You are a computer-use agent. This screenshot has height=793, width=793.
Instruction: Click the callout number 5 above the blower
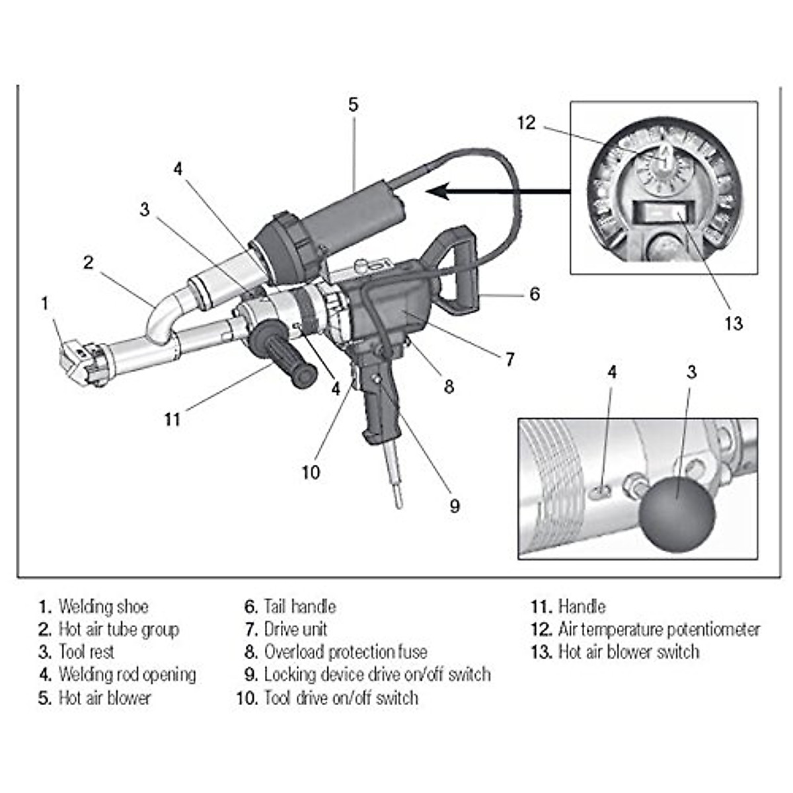pyautogui.click(x=354, y=104)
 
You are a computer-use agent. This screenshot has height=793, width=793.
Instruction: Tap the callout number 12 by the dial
pyautogui.click(x=526, y=123)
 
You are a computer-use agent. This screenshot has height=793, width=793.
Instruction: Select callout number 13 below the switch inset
pyautogui.click(x=734, y=323)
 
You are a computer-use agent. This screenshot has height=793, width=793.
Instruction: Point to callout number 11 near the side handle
pyautogui.click(x=172, y=419)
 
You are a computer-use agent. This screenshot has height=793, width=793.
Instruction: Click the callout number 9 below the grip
pyautogui.click(x=455, y=506)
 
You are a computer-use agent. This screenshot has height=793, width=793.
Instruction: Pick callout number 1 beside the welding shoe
pyautogui.click(x=45, y=303)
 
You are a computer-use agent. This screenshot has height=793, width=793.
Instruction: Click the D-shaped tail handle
pyautogui.click(x=456, y=271)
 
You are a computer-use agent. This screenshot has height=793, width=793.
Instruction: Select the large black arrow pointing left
pyautogui.click(x=496, y=192)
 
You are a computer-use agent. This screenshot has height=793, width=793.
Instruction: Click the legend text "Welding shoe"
pyautogui.click(x=103, y=607)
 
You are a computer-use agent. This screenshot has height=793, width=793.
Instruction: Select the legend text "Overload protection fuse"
pyautogui.click(x=345, y=652)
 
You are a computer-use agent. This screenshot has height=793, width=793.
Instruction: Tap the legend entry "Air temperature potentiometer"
pyautogui.click(x=659, y=629)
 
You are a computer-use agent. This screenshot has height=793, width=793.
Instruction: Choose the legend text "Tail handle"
pyautogui.click(x=299, y=607)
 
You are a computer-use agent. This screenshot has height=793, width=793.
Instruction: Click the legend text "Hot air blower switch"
pyautogui.click(x=628, y=652)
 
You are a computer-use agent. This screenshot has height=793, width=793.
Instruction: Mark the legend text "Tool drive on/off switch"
pyautogui.click(x=340, y=698)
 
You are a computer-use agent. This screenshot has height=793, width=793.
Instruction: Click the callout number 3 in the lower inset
pyautogui.click(x=691, y=372)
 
